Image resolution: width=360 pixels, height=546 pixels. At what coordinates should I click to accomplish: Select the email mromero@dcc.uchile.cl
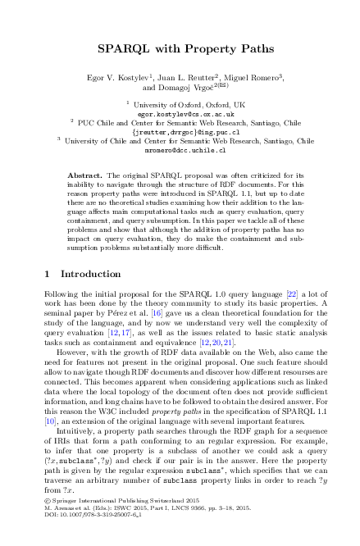[x=179, y=150]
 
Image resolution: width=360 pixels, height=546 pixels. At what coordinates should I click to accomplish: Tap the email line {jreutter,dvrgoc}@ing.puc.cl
[x=179, y=131]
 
